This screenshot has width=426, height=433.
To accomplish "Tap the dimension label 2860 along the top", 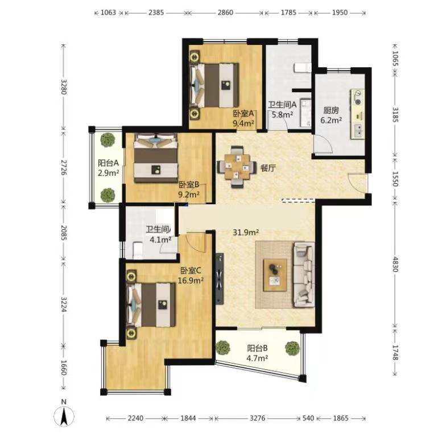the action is [x=225, y=13].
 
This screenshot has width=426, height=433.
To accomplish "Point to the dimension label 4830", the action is [x=396, y=264].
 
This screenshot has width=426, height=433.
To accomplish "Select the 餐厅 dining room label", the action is [x=268, y=168].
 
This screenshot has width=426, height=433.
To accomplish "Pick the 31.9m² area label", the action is [x=246, y=232].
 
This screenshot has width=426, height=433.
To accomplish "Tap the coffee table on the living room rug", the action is [x=275, y=275].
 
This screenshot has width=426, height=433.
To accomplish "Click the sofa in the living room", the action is [x=304, y=275].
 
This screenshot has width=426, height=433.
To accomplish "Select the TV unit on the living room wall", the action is [x=220, y=279].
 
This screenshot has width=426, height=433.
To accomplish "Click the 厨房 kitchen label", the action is [x=331, y=110].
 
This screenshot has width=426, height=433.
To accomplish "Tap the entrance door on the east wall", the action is [x=358, y=183].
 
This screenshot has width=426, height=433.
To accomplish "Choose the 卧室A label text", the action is [x=243, y=113].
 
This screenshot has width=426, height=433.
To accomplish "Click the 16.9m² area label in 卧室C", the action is [x=191, y=281].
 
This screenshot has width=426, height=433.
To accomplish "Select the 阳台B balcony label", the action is [x=257, y=348].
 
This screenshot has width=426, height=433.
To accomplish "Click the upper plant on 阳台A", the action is [x=107, y=141].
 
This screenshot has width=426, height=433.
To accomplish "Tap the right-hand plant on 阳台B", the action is [x=292, y=348].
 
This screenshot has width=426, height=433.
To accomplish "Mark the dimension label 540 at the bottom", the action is [x=308, y=418].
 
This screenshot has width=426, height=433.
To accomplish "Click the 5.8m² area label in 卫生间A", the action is [x=282, y=114].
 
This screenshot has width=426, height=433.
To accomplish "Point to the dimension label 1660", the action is [x=64, y=368].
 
